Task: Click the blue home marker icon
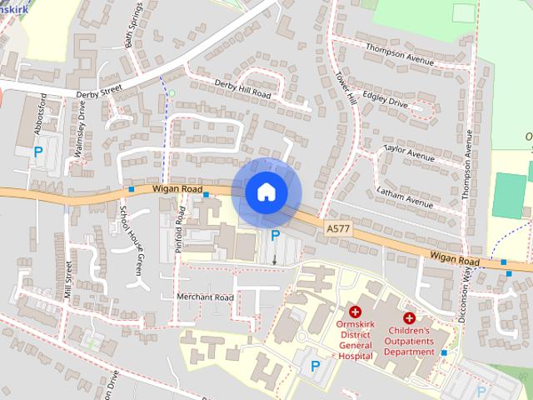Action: click(266, 192)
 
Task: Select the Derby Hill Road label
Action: click(243, 89)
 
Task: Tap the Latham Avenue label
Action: click(406, 197)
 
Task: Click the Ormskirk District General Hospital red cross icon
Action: click(355, 312)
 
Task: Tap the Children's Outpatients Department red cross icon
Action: click(410, 317)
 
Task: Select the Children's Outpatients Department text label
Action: click(410, 341)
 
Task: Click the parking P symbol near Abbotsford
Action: click(38, 152)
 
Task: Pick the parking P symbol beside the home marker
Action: click(275, 237)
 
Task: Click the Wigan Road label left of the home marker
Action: click(178, 190)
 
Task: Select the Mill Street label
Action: click(68, 279)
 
